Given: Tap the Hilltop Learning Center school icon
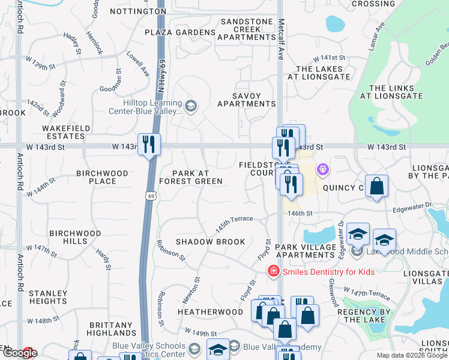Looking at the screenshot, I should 191,107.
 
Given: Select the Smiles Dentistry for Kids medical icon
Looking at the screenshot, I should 274,272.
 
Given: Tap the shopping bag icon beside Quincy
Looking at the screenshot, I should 376,187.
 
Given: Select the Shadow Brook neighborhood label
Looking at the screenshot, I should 210,242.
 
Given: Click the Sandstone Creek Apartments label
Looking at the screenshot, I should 246,32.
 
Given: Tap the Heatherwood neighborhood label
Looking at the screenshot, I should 210,313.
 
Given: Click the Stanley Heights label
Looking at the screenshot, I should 48,297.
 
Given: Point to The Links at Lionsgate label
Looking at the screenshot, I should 396,92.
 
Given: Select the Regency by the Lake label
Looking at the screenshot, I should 364,316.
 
